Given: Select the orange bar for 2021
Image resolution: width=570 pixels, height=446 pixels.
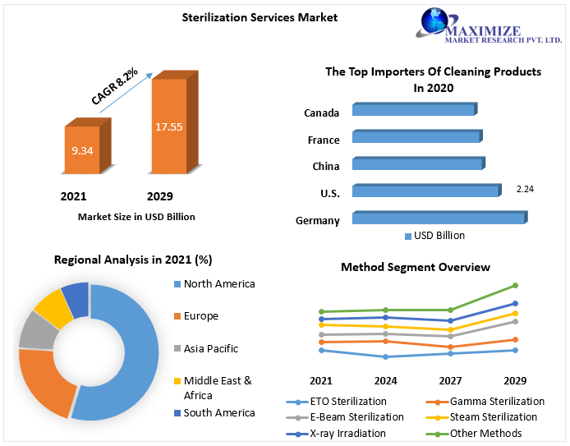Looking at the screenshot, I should [81, 150].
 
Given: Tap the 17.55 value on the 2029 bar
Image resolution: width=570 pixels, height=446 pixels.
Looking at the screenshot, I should [168, 126].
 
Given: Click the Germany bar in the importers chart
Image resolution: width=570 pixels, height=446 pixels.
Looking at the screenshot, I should [438, 218].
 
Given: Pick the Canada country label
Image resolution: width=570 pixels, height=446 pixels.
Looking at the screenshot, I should [321, 113].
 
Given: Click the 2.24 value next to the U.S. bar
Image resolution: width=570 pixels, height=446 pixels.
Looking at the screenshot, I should [525, 189].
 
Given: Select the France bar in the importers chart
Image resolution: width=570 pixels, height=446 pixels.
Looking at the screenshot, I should [416, 137].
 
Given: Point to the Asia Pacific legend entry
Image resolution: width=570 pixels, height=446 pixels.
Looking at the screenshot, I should [210, 349].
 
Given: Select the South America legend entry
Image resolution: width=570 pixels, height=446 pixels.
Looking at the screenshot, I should [218, 413].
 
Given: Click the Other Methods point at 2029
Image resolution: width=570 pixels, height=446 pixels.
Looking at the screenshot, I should [515, 286].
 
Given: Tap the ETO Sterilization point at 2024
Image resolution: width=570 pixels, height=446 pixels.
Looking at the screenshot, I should [385, 356].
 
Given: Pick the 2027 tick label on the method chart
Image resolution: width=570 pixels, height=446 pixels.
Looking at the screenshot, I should [450, 381].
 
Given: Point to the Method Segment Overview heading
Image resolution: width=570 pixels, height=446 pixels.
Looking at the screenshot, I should [415, 267].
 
